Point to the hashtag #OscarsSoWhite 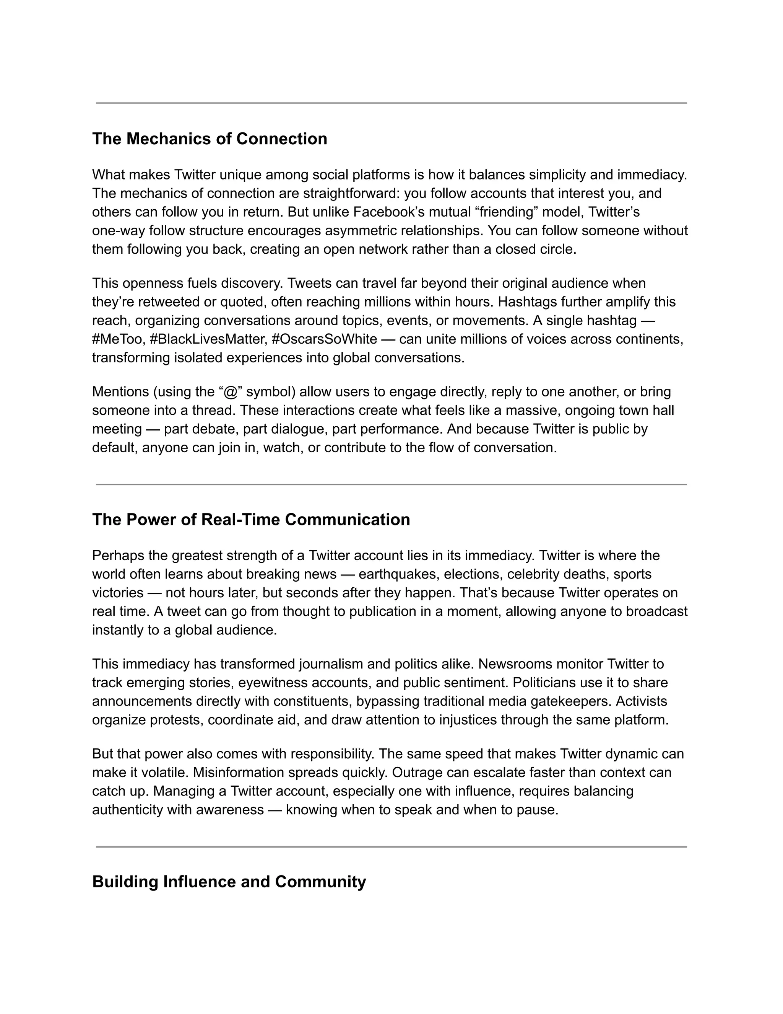(x=324, y=339)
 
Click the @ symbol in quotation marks (x=230, y=392)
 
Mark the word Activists (x=642, y=701)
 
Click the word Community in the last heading (x=320, y=882)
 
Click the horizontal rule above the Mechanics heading (x=391, y=103)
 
